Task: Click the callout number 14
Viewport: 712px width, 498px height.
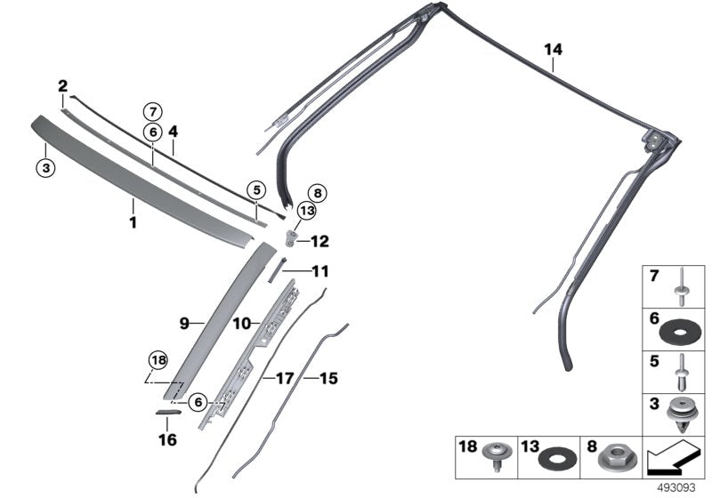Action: click(x=554, y=51)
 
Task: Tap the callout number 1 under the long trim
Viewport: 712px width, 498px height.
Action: click(x=133, y=222)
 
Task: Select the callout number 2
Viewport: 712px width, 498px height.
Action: click(x=63, y=86)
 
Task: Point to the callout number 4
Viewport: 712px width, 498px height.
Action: click(x=174, y=132)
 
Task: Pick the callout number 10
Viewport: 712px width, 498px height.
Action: click(x=241, y=325)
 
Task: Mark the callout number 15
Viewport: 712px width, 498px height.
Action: click(x=328, y=378)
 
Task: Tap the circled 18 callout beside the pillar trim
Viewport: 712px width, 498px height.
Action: click(x=158, y=360)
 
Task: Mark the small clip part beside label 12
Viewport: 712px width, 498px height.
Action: click(x=290, y=237)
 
